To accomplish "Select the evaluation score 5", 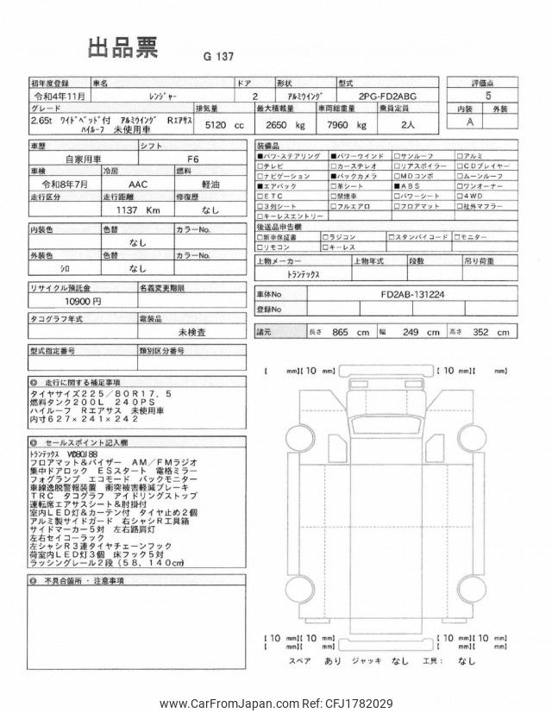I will point(489,97).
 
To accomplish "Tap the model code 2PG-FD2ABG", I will point(380,97).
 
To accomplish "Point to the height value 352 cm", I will point(491,332).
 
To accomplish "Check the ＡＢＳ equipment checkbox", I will point(397,185).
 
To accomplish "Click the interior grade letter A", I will point(470,122).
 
